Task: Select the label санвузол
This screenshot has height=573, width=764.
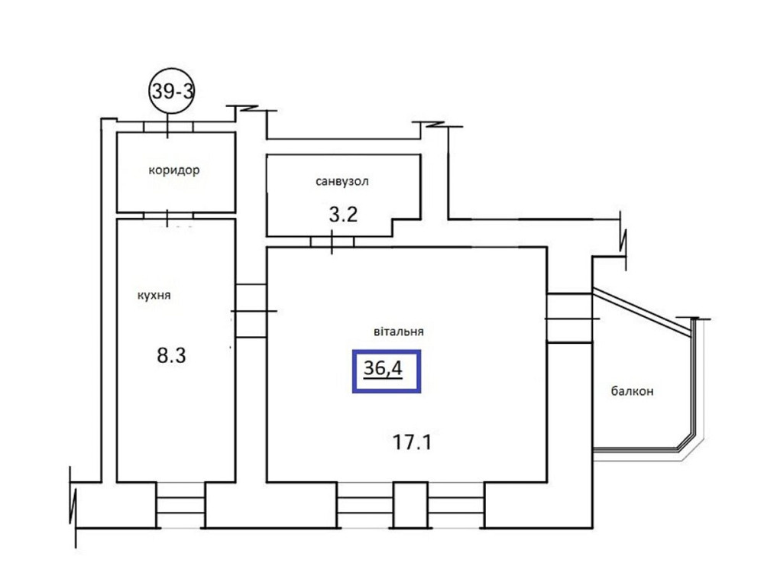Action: [x=342, y=182]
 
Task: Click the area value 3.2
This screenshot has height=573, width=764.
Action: [x=343, y=214]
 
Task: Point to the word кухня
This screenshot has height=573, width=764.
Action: [x=154, y=296]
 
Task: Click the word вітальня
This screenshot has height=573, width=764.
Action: [x=400, y=332]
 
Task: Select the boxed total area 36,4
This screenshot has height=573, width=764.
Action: [x=387, y=370]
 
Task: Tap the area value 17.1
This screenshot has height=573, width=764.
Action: [x=413, y=441]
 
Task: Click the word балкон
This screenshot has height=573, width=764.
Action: [x=632, y=391]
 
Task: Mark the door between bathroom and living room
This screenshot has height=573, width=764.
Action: [x=332, y=242]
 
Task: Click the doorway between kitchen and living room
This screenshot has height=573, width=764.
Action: [x=250, y=311]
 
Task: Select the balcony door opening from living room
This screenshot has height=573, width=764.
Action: [x=569, y=317]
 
